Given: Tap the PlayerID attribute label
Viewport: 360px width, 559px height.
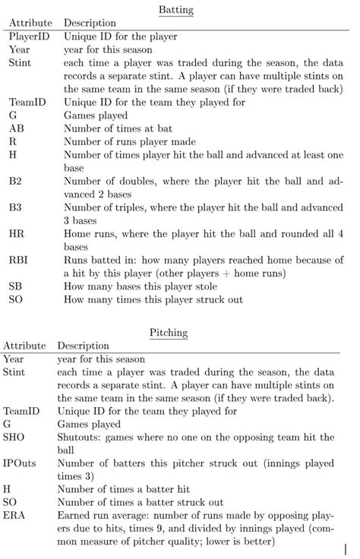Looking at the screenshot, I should pyautogui.click(x=30, y=36).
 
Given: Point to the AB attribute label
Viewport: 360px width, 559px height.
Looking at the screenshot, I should pyautogui.click(x=17, y=129).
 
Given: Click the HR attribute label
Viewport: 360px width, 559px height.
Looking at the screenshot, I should pyautogui.click(x=17, y=235).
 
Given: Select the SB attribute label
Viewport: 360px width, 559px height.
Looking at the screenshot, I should pyautogui.click(x=16, y=287).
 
